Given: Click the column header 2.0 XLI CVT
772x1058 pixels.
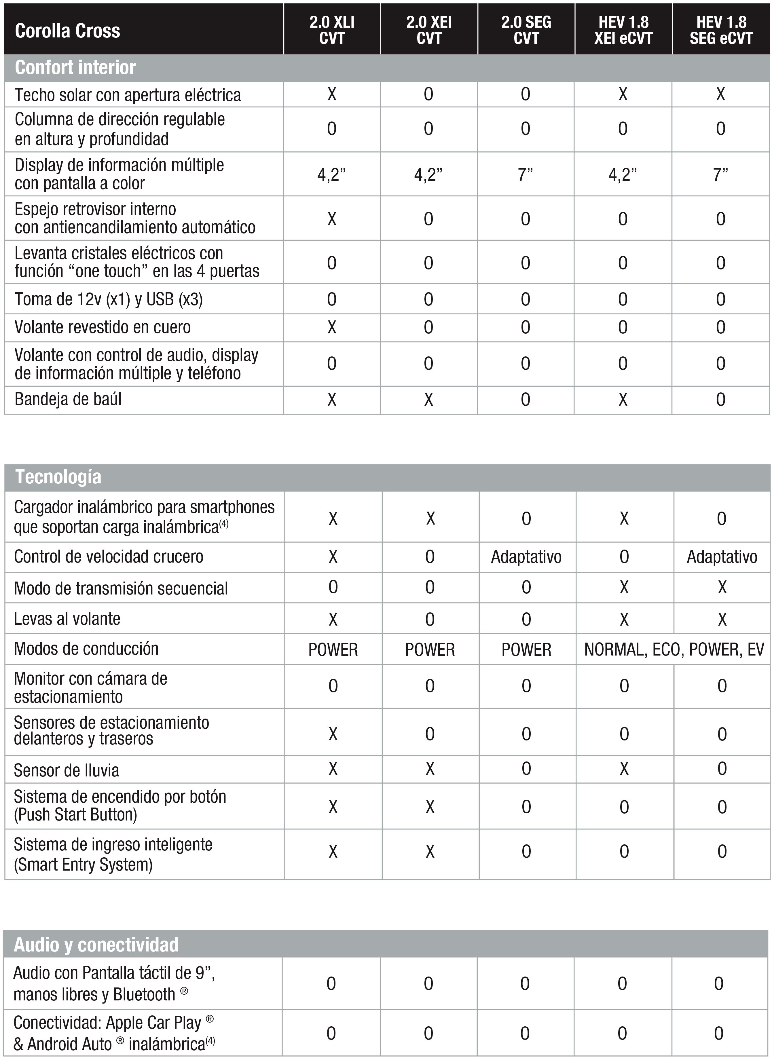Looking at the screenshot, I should (332, 30).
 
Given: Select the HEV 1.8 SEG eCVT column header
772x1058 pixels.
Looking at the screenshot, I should (721, 30).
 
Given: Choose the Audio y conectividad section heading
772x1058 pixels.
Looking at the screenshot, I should (96, 945).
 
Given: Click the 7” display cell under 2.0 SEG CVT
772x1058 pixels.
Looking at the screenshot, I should (526, 174).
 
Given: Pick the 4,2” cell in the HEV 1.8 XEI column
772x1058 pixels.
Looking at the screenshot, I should (623, 174).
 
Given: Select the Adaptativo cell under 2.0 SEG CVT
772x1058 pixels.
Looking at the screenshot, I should (526, 557).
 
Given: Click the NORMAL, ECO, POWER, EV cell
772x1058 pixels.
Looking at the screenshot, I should (674, 649).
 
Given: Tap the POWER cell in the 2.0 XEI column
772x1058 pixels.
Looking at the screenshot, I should (429, 649).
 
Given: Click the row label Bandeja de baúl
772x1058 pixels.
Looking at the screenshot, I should (68, 399).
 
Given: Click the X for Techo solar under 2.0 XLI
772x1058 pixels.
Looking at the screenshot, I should (332, 94).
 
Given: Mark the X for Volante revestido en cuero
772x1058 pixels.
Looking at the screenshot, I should (332, 327).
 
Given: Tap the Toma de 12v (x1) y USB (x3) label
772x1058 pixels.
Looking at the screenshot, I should (109, 299).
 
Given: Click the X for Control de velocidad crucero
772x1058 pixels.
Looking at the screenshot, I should (333, 557).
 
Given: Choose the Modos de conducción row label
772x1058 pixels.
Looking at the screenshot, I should (86, 649).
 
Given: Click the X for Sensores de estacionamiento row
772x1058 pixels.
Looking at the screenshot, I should (333, 734).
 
